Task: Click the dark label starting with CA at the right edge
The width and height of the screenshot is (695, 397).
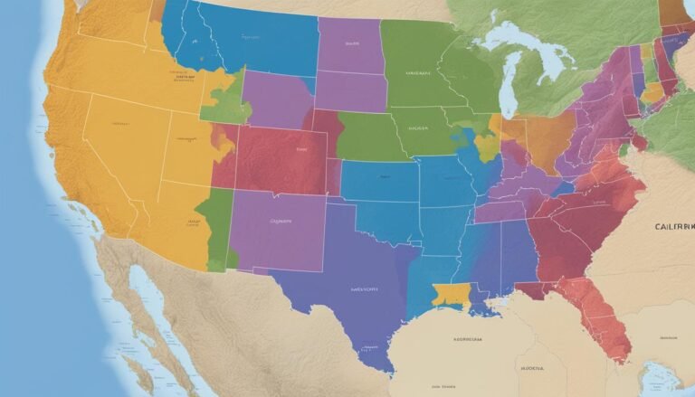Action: pos(673,226)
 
